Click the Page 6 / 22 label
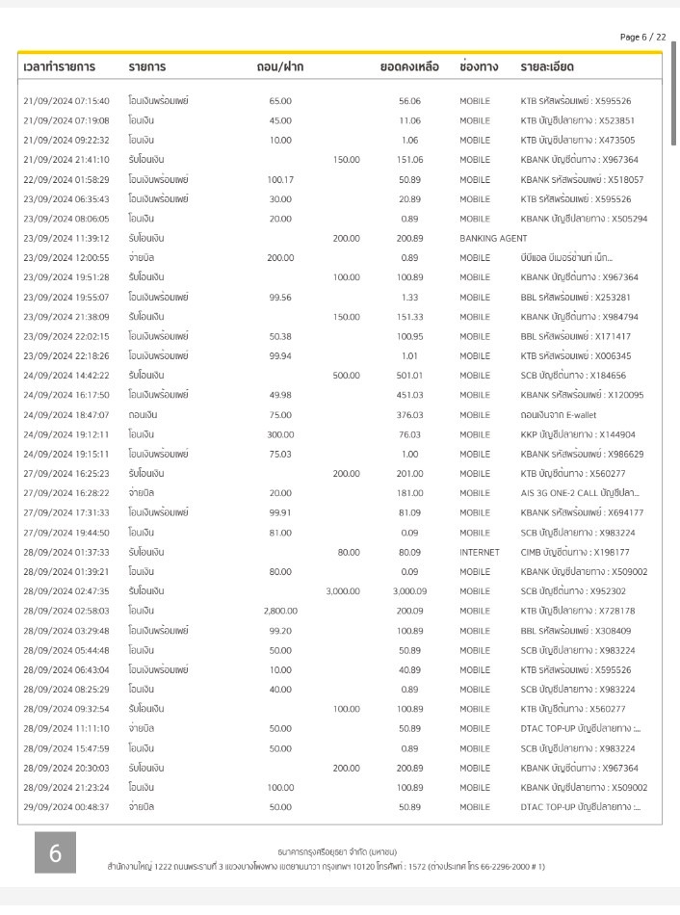642,37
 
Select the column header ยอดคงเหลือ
409,67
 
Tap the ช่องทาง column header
479,67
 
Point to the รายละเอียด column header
547,67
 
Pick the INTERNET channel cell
480,552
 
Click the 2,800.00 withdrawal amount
280,611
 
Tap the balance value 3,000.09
409,591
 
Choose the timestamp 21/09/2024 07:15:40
66,100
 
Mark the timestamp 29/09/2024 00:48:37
66,807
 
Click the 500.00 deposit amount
346,376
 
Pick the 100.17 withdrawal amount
280,179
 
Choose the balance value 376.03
410,415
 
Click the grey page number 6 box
56,853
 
